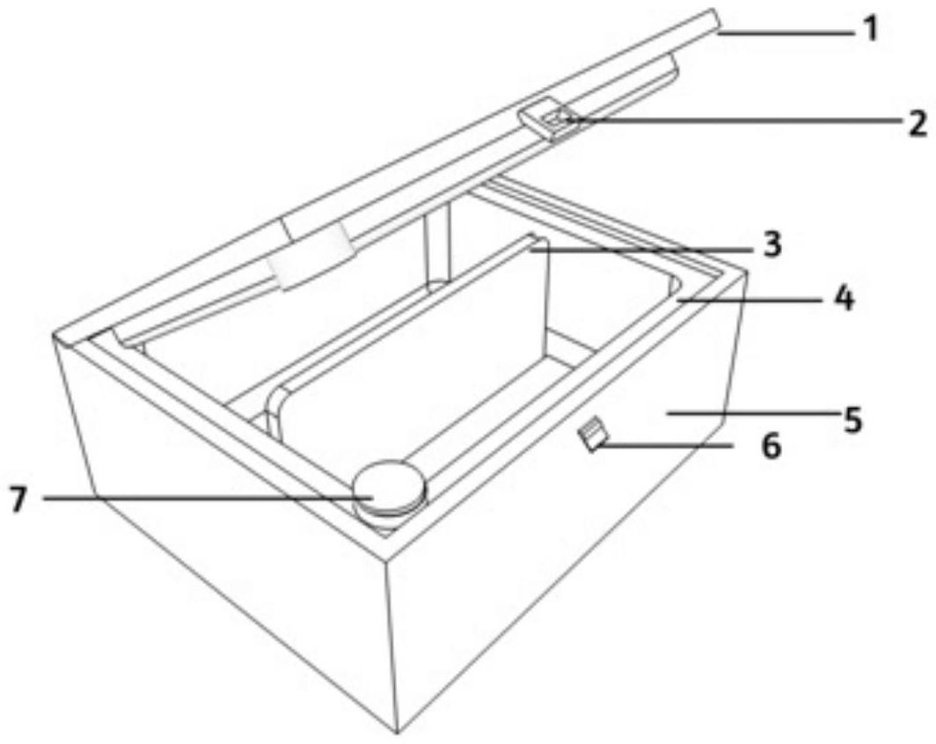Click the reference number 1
(x=872, y=28)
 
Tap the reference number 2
(x=917, y=123)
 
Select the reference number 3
(x=772, y=244)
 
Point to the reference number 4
(x=845, y=298)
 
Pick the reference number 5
(x=853, y=419)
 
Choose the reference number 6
(x=772, y=445)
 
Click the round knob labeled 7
(x=389, y=490)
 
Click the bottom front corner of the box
(x=397, y=733)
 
